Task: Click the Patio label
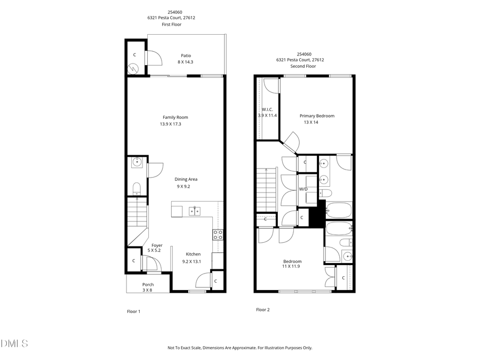(x=186, y=55)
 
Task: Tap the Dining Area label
(x=186, y=179)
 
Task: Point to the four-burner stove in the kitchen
(x=218, y=234)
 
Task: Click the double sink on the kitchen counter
(x=194, y=211)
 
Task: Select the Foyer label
(x=157, y=245)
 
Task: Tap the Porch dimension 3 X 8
(x=147, y=290)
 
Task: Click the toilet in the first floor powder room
(x=136, y=187)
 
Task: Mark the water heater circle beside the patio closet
(x=133, y=68)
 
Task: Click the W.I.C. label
(x=267, y=109)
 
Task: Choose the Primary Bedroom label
(x=317, y=116)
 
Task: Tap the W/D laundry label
(x=303, y=189)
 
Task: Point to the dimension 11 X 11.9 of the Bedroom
(x=291, y=266)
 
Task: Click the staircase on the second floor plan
(x=266, y=189)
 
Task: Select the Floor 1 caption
(x=133, y=311)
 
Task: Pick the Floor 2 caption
(x=262, y=309)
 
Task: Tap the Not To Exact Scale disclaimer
(x=239, y=348)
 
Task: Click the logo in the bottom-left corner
(x=14, y=343)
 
